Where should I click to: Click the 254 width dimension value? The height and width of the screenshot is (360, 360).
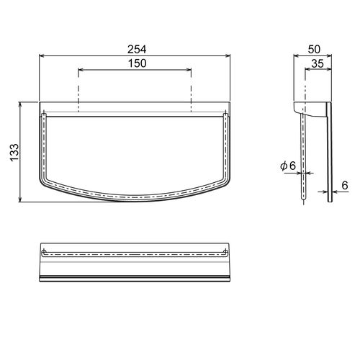[137, 50]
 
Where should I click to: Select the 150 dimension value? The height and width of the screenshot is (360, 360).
[137, 63]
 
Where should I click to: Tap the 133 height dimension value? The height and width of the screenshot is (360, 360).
[14, 153]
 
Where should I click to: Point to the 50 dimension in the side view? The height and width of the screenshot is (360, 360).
[314, 49]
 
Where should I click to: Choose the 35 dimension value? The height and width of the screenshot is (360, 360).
[318, 63]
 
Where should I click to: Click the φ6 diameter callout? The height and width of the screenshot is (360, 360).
[288, 166]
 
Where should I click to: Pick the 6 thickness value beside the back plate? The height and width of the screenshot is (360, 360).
[345, 185]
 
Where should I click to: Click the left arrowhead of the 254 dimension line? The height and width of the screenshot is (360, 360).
[41, 56]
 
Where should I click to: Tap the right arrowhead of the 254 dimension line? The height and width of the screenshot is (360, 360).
[228, 56]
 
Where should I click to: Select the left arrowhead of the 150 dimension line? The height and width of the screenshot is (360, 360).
[81, 70]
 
